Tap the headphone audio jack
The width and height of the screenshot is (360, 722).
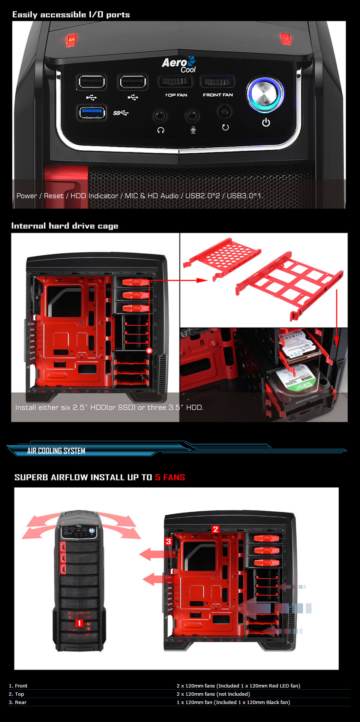point(160,115)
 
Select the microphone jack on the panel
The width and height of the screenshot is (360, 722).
point(192,115)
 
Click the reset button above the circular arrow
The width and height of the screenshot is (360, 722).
point(225,111)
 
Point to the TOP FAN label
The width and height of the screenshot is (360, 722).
point(176,95)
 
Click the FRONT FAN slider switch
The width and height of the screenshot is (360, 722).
point(217,81)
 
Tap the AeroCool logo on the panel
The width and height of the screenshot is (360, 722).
point(179,64)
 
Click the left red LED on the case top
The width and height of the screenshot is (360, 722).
point(71,40)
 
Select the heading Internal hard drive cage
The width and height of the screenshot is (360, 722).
point(64,226)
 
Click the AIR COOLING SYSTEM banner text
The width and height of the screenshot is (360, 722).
point(56,451)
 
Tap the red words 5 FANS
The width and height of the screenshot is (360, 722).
point(170,477)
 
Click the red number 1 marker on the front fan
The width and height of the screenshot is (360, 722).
point(79,623)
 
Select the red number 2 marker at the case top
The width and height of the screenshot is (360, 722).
point(215,529)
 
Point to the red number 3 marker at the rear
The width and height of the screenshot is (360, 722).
point(168,541)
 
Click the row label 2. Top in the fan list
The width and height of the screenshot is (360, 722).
point(16,694)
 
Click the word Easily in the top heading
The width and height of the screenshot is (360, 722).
point(25,15)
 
